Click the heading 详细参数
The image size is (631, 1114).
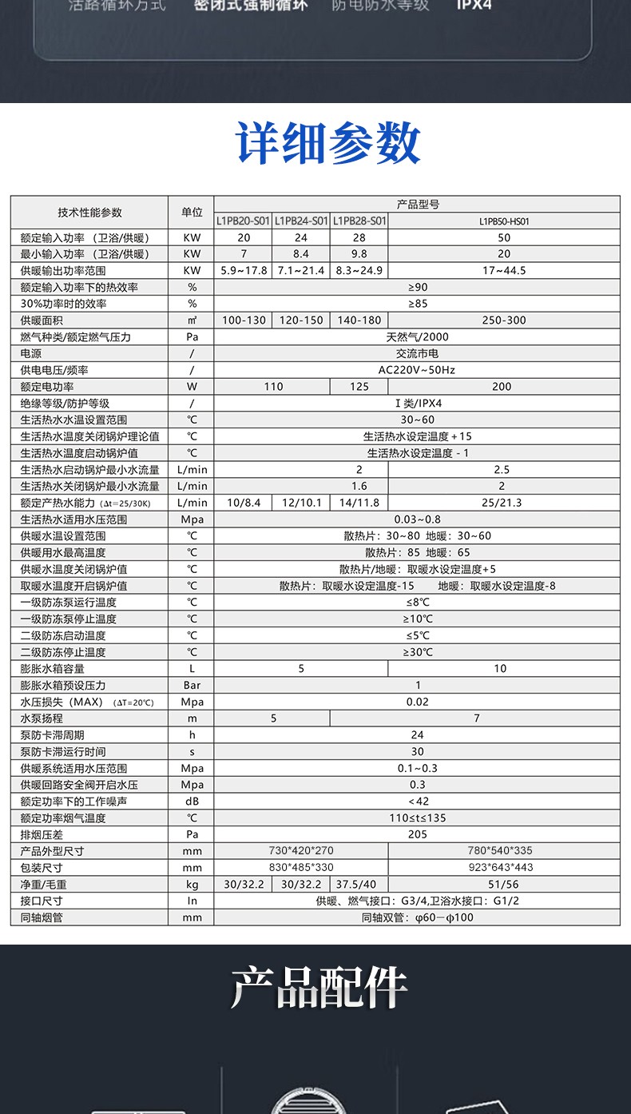(x=328, y=145)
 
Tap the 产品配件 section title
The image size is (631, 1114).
(x=319, y=988)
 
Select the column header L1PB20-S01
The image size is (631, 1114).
(x=244, y=221)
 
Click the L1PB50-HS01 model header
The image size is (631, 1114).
(x=504, y=221)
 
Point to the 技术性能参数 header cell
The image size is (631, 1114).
(x=89, y=213)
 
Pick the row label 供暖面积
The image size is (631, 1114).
(x=42, y=320)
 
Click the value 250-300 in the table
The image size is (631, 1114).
(x=504, y=320)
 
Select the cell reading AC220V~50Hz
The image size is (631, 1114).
(x=418, y=370)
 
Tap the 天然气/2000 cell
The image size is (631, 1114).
(x=418, y=337)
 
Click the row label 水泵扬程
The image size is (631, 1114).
(x=42, y=718)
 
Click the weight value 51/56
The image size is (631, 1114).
(x=503, y=885)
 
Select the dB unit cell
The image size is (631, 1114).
(x=192, y=802)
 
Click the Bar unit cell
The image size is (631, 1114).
(x=192, y=686)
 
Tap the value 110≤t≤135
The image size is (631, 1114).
(x=418, y=818)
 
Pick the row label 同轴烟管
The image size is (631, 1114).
(x=42, y=917)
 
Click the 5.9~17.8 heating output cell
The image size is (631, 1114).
(x=244, y=271)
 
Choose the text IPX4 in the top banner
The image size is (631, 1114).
(x=474, y=6)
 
